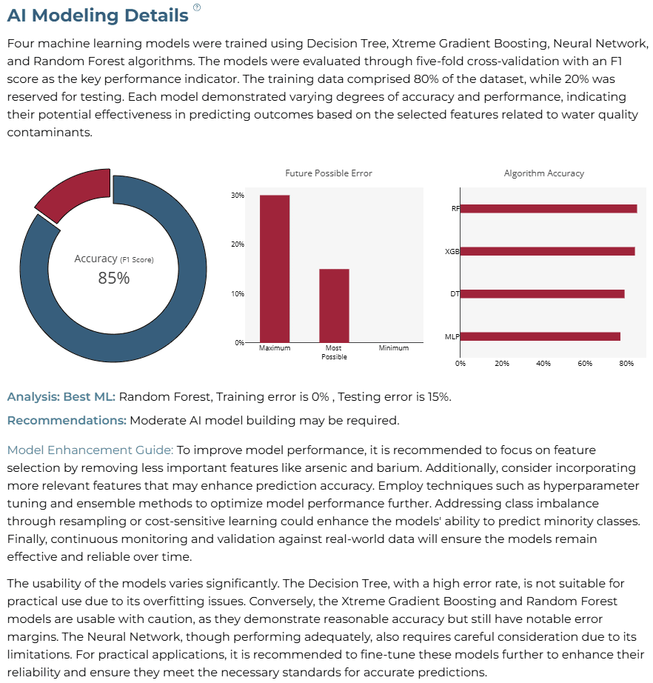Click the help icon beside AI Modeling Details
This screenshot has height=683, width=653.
click(197, 7)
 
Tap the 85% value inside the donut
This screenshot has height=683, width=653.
click(113, 278)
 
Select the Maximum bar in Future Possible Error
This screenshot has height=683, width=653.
click(275, 269)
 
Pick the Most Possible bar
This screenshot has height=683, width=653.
click(335, 306)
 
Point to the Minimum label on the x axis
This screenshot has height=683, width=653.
click(394, 348)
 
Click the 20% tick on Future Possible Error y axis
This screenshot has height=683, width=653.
click(238, 244)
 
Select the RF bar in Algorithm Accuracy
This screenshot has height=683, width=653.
click(549, 209)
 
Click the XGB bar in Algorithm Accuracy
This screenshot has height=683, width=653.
click(548, 251)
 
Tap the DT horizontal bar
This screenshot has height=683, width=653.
click(543, 294)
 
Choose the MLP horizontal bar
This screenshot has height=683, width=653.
click(540, 336)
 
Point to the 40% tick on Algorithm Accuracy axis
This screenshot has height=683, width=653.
click(543, 363)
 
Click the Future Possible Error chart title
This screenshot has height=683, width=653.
click(329, 173)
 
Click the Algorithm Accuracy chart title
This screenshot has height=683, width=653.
click(544, 173)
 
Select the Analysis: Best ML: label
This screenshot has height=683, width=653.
click(61, 397)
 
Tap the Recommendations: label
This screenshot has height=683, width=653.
click(67, 420)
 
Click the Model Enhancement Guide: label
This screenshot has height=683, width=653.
click(90, 450)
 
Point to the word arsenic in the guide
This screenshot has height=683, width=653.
click(321, 468)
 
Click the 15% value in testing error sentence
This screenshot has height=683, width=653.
click(438, 397)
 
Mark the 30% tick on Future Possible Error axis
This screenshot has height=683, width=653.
click(238, 196)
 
